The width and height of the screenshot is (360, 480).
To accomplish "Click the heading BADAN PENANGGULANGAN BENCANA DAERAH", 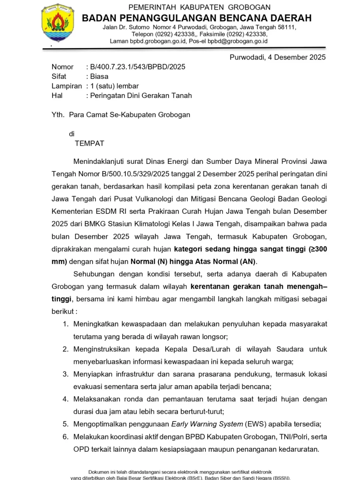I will (197, 18).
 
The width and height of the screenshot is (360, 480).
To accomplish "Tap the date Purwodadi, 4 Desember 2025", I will (277, 57).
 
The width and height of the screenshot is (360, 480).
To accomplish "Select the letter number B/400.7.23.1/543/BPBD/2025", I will (138, 67).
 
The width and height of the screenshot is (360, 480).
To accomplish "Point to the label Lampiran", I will (67, 86).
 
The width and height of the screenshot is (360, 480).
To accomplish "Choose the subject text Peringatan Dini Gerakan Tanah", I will (141, 96).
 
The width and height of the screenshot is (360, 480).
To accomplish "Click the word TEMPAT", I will (89, 143).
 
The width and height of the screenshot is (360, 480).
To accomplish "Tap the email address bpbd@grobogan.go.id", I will (237, 41).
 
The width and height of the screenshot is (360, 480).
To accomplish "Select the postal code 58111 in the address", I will (286, 27).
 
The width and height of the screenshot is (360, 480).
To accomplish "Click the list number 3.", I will (66, 374).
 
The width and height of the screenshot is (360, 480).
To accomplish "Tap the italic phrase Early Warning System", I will (207, 424).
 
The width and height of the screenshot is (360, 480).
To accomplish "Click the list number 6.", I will (66, 437).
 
